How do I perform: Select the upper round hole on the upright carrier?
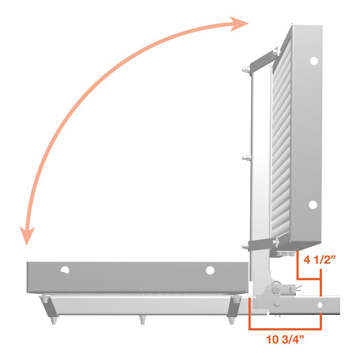click(313, 61)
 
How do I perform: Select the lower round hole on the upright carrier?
click(313, 205)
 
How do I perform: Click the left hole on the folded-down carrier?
click(64, 270)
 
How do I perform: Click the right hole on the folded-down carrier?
click(209, 270)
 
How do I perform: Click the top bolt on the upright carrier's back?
click(245, 71)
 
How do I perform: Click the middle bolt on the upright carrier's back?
click(245, 158)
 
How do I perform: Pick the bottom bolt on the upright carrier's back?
click(245, 245)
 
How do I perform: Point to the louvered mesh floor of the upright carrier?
click(281, 150)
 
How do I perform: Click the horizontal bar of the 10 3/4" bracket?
click(286, 328)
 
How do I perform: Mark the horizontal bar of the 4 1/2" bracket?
click(310, 280)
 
